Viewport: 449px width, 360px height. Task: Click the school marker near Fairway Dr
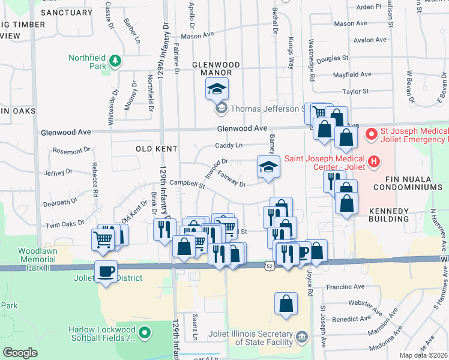point(268,167)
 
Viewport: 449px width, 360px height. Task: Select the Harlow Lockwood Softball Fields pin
point(144,332)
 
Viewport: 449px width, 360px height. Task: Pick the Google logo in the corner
point(20,353)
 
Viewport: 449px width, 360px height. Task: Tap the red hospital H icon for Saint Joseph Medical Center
point(375,161)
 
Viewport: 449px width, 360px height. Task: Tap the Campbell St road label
point(187,184)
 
